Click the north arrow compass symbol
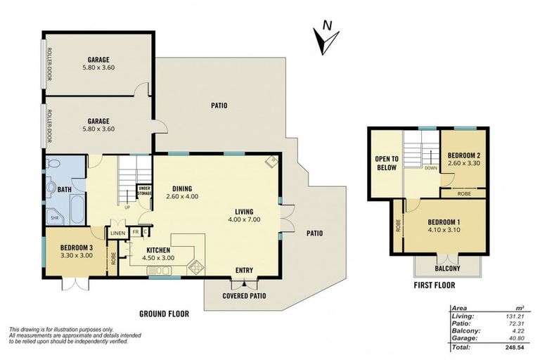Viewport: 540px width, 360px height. point(326,38)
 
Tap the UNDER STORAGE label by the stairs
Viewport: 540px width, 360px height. point(144,191)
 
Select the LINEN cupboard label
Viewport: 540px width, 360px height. point(118,233)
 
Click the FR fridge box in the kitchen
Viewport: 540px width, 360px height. point(135,232)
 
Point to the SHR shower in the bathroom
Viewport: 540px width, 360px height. point(54,218)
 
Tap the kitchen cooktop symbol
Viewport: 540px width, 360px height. point(195,266)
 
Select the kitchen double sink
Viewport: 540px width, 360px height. point(158,271)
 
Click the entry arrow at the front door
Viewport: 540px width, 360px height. point(244,284)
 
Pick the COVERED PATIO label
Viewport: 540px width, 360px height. point(244,295)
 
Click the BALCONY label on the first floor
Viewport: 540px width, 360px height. point(447,268)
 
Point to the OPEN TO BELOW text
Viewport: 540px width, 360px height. point(387,163)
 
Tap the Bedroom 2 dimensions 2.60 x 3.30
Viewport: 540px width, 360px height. point(464,163)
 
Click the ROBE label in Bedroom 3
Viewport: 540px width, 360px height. point(113,259)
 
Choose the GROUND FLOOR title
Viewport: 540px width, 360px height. point(165,314)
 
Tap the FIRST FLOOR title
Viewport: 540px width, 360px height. point(435,285)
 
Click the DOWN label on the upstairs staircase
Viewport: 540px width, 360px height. point(431,168)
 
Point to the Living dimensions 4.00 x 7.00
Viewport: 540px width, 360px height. point(244,219)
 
